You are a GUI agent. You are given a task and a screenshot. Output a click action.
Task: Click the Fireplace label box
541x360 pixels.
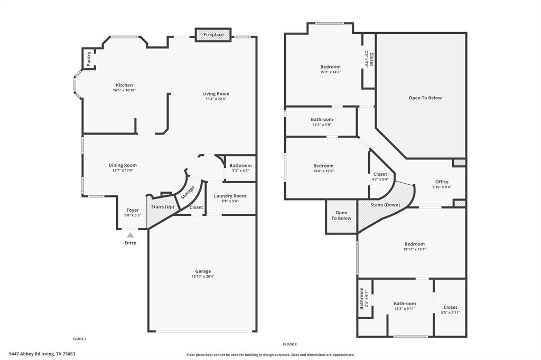[x=213, y=35]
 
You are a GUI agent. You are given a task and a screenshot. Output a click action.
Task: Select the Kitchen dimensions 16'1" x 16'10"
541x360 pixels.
[x=124, y=90]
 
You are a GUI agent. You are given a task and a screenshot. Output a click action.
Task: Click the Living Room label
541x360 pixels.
[x=216, y=93]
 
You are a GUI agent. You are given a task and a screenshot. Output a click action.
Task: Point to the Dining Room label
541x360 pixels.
[x=123, y=165]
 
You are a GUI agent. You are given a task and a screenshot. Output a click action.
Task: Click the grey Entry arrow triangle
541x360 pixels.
[x=130, y=234]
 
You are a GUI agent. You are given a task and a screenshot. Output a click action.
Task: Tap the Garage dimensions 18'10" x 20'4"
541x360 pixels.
[x=203, y=276]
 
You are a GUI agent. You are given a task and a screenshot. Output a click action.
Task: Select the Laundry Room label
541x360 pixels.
[x=230, y=196]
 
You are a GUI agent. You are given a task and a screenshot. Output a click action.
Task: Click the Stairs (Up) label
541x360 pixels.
[x=163, y=206]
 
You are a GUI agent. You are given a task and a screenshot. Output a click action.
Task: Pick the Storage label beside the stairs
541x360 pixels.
[x=188, y=192]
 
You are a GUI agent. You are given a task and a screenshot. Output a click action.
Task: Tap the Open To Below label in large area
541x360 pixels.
[x=425, y=98]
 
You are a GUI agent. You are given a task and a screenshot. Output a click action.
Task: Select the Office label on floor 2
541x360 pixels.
[x=442, y=182]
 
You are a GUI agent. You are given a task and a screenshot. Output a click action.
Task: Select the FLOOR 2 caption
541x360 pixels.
[x=290, y=344]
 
